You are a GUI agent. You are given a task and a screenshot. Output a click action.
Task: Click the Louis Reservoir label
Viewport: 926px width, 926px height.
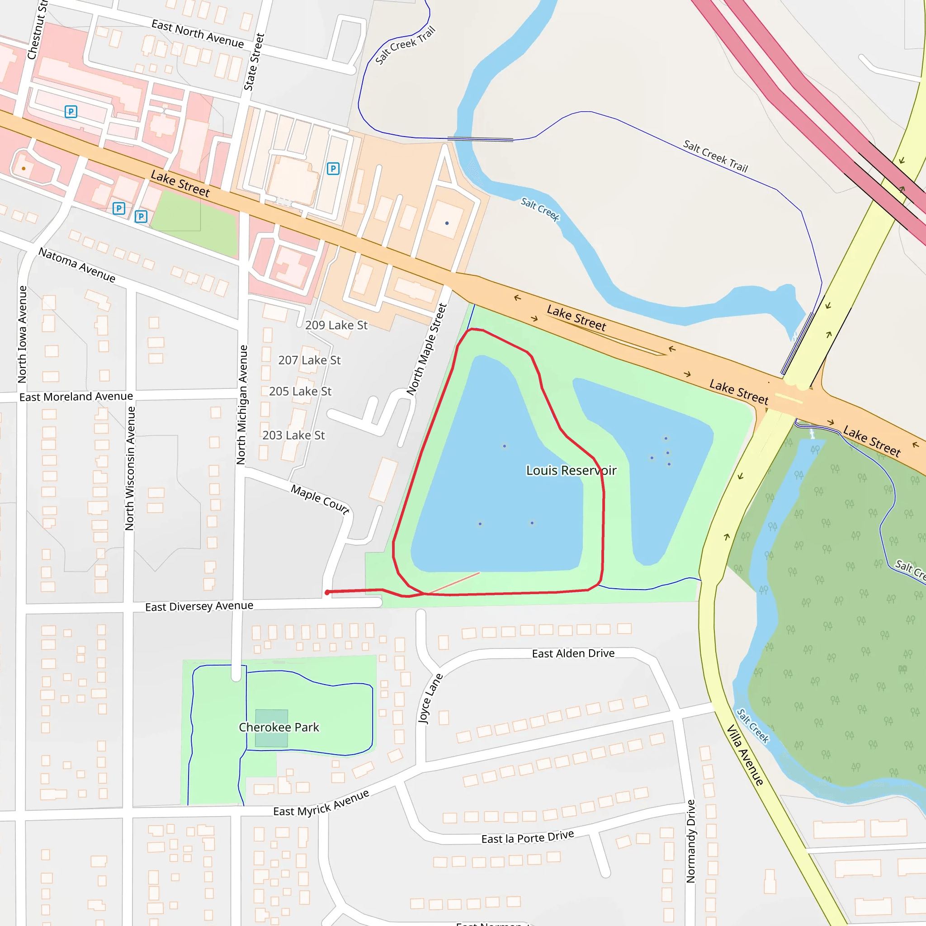pos(571,470)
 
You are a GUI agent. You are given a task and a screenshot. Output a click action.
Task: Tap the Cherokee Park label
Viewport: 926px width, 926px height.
pos(279,727)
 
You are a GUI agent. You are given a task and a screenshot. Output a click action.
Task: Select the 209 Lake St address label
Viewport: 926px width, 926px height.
pos(336,325)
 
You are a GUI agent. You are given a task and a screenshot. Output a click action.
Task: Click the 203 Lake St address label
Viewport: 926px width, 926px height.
pos(293,435)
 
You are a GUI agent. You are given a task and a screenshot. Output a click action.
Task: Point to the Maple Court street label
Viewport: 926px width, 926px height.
pos(320,499)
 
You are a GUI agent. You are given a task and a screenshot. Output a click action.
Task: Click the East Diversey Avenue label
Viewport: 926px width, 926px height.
pos(199,606)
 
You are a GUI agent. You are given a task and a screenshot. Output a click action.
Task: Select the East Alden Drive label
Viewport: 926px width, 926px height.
pos(573,653)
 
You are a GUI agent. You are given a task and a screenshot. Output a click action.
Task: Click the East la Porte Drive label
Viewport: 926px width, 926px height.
pos(527,837)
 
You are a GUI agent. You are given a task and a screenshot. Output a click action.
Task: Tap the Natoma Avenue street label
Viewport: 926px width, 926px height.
pos(77,265)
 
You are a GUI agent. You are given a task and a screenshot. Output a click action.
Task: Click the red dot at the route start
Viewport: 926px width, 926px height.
pos(327,592)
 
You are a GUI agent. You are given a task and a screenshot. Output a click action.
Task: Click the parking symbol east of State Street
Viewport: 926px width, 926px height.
pos(333,169)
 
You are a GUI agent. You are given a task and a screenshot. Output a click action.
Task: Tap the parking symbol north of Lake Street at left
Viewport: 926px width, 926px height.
pos(71,112)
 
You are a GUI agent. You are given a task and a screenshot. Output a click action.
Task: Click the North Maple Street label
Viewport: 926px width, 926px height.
pos(426,350)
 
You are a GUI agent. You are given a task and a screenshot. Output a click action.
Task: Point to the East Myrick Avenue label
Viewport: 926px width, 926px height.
pos(321,803)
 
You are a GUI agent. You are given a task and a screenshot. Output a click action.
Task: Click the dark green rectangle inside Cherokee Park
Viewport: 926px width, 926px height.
pos(271,728)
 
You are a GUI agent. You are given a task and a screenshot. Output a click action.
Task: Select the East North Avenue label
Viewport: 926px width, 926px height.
pos(198,33)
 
